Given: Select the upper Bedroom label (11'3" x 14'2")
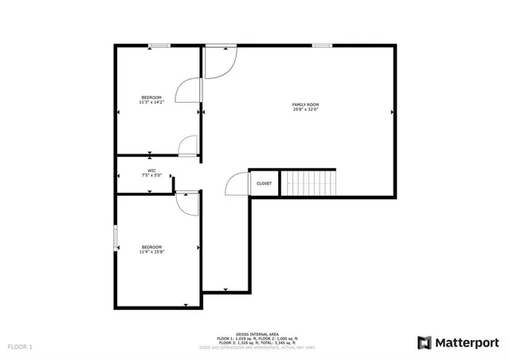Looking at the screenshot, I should [x=151, y=97].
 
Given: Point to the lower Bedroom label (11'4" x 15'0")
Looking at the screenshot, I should [x=151, y=247].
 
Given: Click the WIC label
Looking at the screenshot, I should [x=151, y=170].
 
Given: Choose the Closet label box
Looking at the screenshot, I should [x=264, y=183].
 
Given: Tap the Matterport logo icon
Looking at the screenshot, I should [x=424, y=342].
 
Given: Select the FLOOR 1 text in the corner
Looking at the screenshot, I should [x=20, y=347].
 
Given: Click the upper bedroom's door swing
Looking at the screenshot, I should [x=188, y=90].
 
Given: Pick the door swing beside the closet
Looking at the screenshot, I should [x=237, y=185].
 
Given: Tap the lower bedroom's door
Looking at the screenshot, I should [x=188, y=202].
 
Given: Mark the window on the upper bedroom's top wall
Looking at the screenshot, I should [x=159, y=45].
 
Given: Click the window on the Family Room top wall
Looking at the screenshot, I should [x=322, y=45].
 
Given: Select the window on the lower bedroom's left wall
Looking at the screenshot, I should [x=116, y=237].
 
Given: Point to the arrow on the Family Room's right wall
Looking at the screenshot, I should [x=392, y=113].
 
